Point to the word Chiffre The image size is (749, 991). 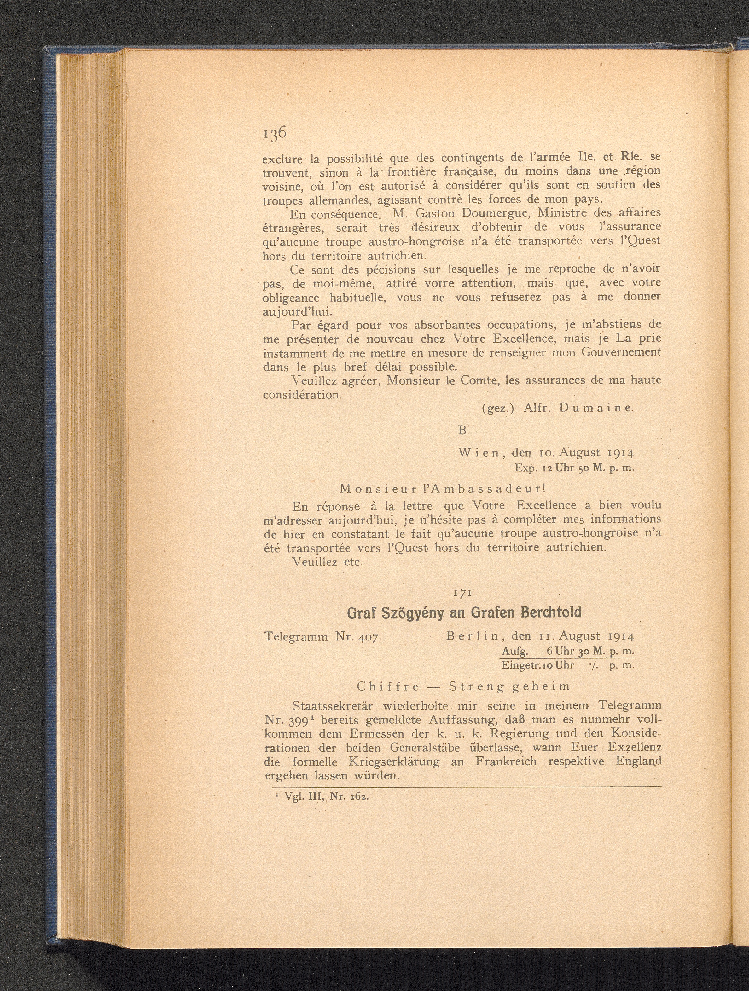tap(388, 686)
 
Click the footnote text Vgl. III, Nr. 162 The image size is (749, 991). tap(323, 797)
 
